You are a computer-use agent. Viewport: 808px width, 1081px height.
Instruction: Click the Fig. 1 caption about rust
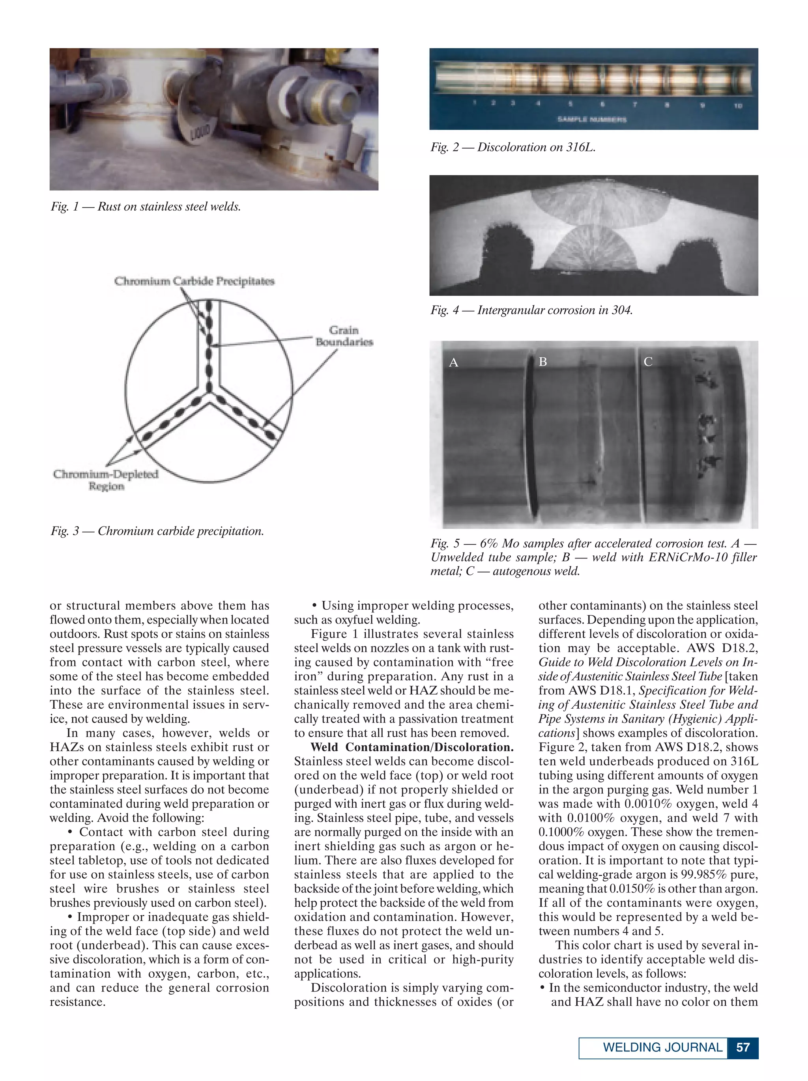pos(146,207)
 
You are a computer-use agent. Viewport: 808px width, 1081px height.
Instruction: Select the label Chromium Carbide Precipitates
pos(194,281)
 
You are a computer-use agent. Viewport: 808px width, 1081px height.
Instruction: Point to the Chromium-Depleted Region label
pos(106,480)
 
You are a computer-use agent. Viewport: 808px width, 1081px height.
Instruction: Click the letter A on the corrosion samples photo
pos(453,362)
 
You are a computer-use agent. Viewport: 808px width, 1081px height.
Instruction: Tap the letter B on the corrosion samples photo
pos(542,362)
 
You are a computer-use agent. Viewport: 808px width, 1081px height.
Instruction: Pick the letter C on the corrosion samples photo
pos(648,362)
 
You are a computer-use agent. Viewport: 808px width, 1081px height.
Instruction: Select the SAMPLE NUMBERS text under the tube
pos(591,119)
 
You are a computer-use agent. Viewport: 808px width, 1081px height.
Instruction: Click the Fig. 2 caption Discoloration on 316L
pos(513,147)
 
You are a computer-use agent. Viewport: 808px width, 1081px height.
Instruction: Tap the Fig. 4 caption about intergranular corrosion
pos(531,310)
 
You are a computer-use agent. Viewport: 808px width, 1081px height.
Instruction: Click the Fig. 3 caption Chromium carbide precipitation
pos(157,531)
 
